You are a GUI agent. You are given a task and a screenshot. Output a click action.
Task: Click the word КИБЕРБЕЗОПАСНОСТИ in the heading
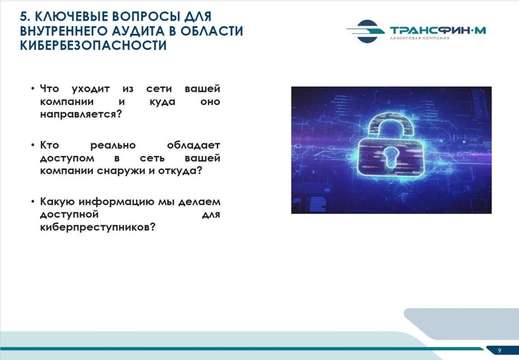[93, 46]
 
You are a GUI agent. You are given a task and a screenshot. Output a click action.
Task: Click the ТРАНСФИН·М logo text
[438, 30]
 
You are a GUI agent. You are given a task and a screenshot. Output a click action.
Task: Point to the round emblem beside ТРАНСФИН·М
[367, 31]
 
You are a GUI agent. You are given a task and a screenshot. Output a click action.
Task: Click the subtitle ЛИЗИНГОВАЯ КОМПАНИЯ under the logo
[419, 39]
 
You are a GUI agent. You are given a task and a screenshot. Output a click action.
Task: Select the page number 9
[499, 351]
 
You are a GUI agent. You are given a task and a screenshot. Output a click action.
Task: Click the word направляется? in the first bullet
[81, 114]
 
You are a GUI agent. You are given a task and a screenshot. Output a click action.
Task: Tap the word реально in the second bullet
[113, 146]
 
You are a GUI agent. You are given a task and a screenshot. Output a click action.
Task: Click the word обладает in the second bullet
[193, 146]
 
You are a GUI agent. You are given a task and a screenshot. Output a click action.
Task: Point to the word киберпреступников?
[98, 228]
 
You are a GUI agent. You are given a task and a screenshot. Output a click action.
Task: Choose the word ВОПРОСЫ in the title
[143, 17]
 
